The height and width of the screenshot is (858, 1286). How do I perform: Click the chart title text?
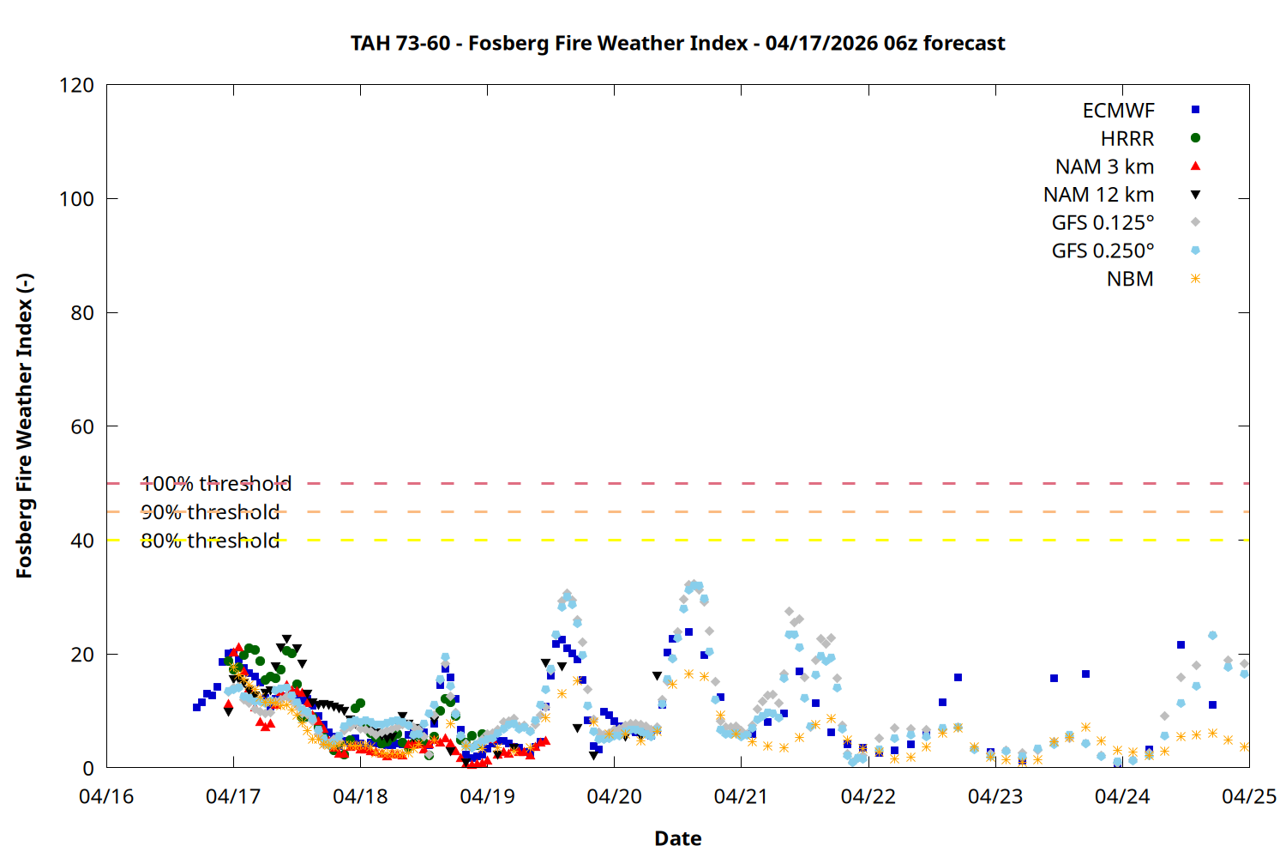pyautogui.click(x=677, y=43)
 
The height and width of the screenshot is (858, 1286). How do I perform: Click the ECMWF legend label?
pyautogui.click(x=1118, y=111)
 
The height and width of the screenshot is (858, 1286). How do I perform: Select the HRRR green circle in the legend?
pyautogui.click(x=1195, y=138)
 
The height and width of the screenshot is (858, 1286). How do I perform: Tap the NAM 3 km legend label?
pyautogui.click(x=1104, y=166)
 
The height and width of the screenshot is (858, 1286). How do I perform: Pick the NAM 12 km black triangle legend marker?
pyautogui.click(x=1195, y=195)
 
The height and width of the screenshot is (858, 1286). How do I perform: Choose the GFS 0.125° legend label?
pyautogui.click(x=1103, y=223)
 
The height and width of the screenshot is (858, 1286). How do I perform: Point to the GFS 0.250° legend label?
pyautogui.click(x=1103, y=251)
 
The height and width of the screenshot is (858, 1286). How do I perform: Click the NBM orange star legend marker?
pyautogui.click(x=1195, y=279)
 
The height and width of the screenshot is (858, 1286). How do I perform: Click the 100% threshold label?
pyautogui.click(x=216, y=484)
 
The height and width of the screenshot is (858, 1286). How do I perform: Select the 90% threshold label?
pyautogui.click(x=210, y=512)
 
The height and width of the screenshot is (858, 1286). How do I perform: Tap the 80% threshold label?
pyautogui.click(x=210, y=541)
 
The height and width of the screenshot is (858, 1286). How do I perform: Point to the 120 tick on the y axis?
pyautogui.click(x=77, y=85)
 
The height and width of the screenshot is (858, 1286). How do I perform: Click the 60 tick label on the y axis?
pyautogui.click(x=82, y=426)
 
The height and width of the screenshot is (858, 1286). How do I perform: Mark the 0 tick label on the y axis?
pyautogui.click(x=88, y=768)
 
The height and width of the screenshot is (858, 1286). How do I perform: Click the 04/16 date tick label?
pyautogui.click(x=106, y=796)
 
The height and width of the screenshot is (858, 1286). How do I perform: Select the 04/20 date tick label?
pyautogui.click(x=614, y=796)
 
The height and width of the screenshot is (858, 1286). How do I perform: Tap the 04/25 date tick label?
pyautogui.click(x=1248, y=796)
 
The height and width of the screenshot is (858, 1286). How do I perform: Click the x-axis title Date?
pyautogui.click(x=677, y=838)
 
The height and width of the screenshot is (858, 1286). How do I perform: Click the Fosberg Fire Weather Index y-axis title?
pyautogui.click(x=24, y=426)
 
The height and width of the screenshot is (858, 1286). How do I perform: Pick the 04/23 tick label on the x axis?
pyautogui.click(x=995, y=796)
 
